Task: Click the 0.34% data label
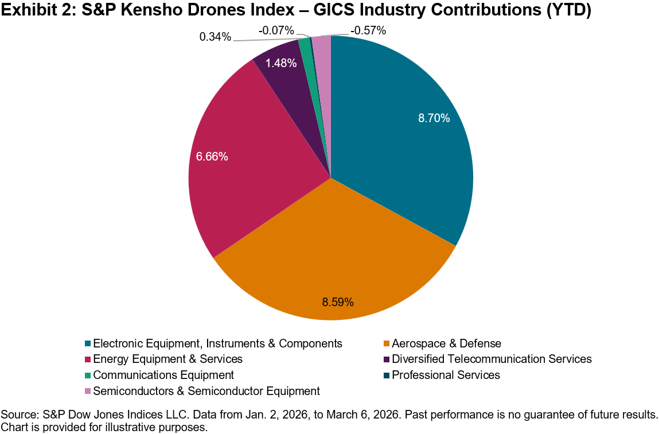coord(215,37)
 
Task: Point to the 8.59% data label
coord(338,302)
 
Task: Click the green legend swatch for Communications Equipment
coord(88,376)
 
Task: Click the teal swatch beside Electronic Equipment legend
coord(88,344)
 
